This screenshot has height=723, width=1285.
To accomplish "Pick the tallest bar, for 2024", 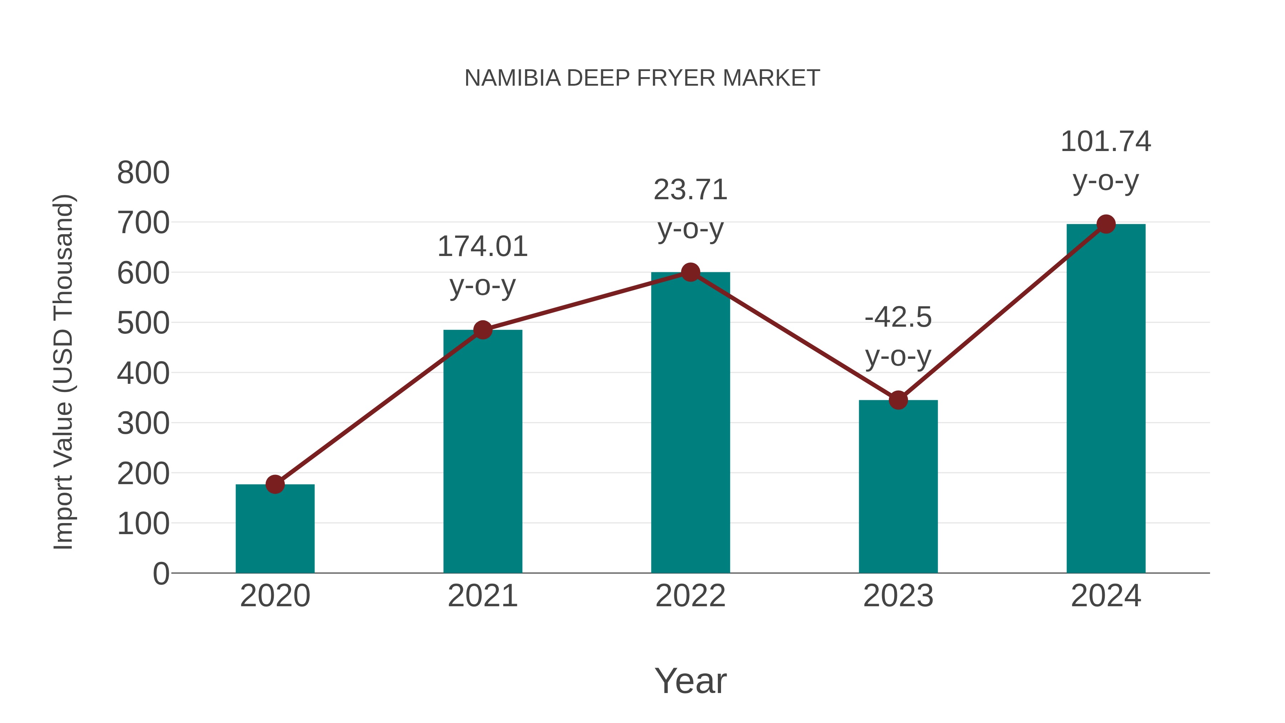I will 1105,399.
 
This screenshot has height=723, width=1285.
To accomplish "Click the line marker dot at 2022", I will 690,272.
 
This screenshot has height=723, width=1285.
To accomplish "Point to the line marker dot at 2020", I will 275,484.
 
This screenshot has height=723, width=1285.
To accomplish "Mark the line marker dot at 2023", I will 898,400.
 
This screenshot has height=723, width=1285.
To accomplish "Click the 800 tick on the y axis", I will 143,173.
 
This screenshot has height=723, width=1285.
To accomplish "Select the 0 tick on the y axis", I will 161,573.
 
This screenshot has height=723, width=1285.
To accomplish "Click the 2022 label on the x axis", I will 690,596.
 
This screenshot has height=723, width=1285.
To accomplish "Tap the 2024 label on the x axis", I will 1105,596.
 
